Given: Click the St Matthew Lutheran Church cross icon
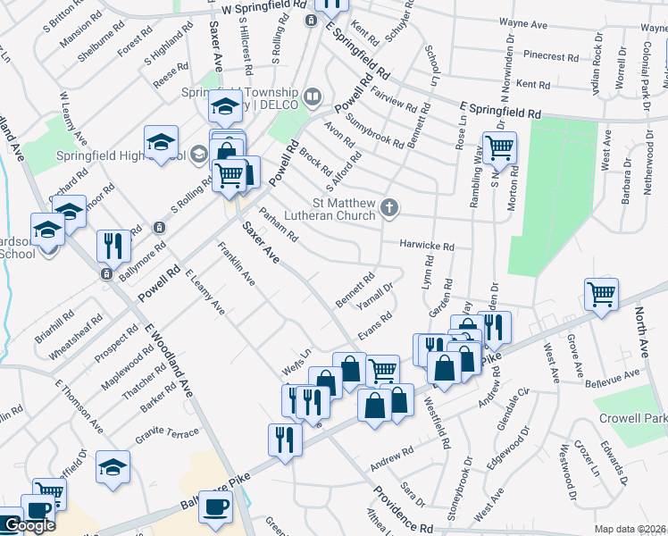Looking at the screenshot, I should tap(388, 208).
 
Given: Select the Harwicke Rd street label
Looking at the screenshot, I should tap(427, 246).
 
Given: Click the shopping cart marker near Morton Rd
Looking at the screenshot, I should tap(500, 148).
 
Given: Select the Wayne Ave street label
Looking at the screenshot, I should tap(522, 24).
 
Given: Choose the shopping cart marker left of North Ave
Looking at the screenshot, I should tap(601, 294).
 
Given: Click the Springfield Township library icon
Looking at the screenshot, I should tap(312, 96).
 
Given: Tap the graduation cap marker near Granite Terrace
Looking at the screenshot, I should tap(113, 467).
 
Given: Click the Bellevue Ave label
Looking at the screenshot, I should tap(620, 373).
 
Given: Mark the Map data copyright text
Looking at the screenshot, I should tap(630, 528).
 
